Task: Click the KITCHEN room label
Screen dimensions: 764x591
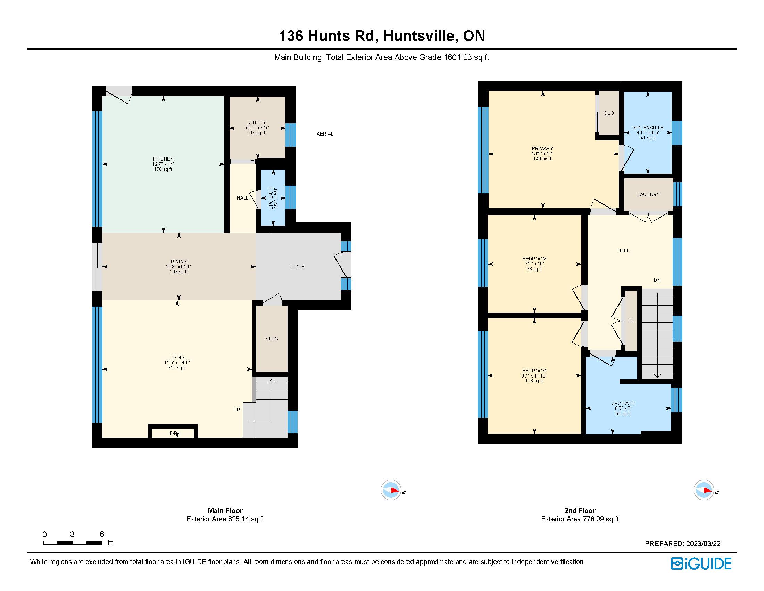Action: coord(163,159)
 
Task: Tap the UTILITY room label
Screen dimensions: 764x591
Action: coord(257,122)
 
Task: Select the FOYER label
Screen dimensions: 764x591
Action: coord(296,266)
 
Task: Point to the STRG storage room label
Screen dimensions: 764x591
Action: coord(272,339)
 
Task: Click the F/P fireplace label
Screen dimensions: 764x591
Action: coord(173,433)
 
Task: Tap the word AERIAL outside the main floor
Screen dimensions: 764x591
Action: coord(325,134)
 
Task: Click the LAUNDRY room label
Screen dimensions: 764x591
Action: coord(648,194)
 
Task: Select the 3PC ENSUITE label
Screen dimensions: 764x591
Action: coord(648,128)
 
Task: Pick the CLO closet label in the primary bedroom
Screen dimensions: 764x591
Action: coord(609,113)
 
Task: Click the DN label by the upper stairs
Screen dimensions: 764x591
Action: coord(657,280)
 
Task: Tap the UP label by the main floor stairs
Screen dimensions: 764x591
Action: coord(236,409)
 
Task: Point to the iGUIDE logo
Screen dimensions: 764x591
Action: coord(701,563)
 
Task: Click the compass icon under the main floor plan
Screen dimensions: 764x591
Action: coord(391,490)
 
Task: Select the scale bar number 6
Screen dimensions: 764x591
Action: coord(102,534)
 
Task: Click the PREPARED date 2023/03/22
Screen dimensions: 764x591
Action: coord(703,543)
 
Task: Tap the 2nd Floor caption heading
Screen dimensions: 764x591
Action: coord(580,510)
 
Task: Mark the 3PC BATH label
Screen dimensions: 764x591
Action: coord(623,403)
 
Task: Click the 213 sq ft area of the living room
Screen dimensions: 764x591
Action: coord(177,367)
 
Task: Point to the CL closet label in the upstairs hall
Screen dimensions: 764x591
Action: coord(631,321)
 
